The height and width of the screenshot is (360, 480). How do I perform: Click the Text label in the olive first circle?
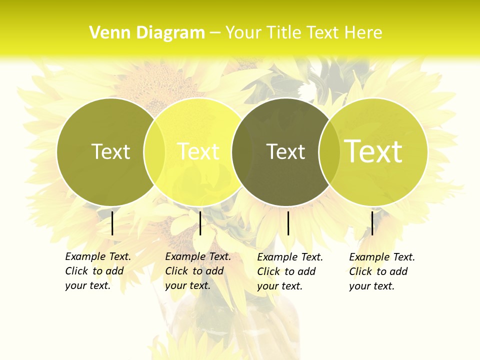110,151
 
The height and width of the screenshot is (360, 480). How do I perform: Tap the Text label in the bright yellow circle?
198,151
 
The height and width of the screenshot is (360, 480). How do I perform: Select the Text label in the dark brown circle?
285,151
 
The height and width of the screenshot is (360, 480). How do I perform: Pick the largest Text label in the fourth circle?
373,151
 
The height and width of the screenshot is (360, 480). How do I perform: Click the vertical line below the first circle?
112,223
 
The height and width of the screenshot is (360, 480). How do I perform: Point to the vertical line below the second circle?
200,223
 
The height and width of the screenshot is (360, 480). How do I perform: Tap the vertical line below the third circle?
288,223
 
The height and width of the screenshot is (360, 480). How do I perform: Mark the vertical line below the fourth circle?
372,223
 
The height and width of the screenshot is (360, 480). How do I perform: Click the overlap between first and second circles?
154,151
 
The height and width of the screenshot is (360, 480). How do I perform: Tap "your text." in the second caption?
187,285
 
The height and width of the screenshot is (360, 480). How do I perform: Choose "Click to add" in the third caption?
286,271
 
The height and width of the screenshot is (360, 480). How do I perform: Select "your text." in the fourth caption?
371,286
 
